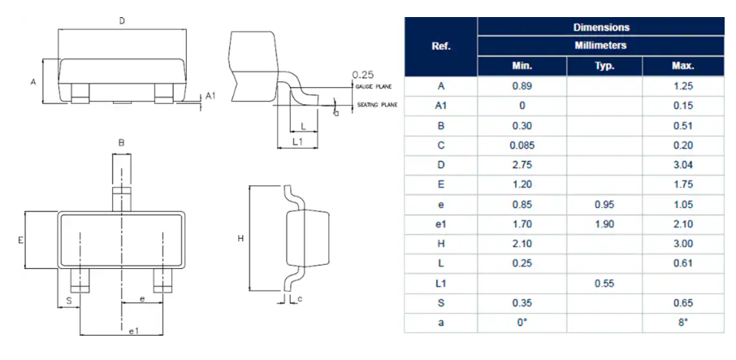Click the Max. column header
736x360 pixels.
(682, 67)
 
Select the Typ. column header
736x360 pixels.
(604, 67)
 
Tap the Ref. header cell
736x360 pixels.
(441, 46)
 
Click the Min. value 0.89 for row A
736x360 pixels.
(522, 86)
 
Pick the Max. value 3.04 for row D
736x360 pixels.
(682, 165)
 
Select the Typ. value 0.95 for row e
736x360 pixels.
(604, 205)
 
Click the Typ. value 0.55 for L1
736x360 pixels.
(604, 284)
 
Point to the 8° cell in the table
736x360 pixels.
(682, 323)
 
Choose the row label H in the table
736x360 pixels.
(441, 245)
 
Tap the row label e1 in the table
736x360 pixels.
(441, 224)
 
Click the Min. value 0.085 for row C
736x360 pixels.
(522, 145)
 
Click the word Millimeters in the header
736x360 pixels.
(600, 46)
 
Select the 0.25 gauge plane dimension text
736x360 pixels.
(362, 75)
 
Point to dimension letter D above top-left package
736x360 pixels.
(122, 21)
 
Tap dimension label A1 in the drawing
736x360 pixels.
(210, 96)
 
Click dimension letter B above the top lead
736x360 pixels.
(121, 143)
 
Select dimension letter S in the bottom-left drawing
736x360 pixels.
(68, 300)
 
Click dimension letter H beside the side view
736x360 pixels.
(240, 239)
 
